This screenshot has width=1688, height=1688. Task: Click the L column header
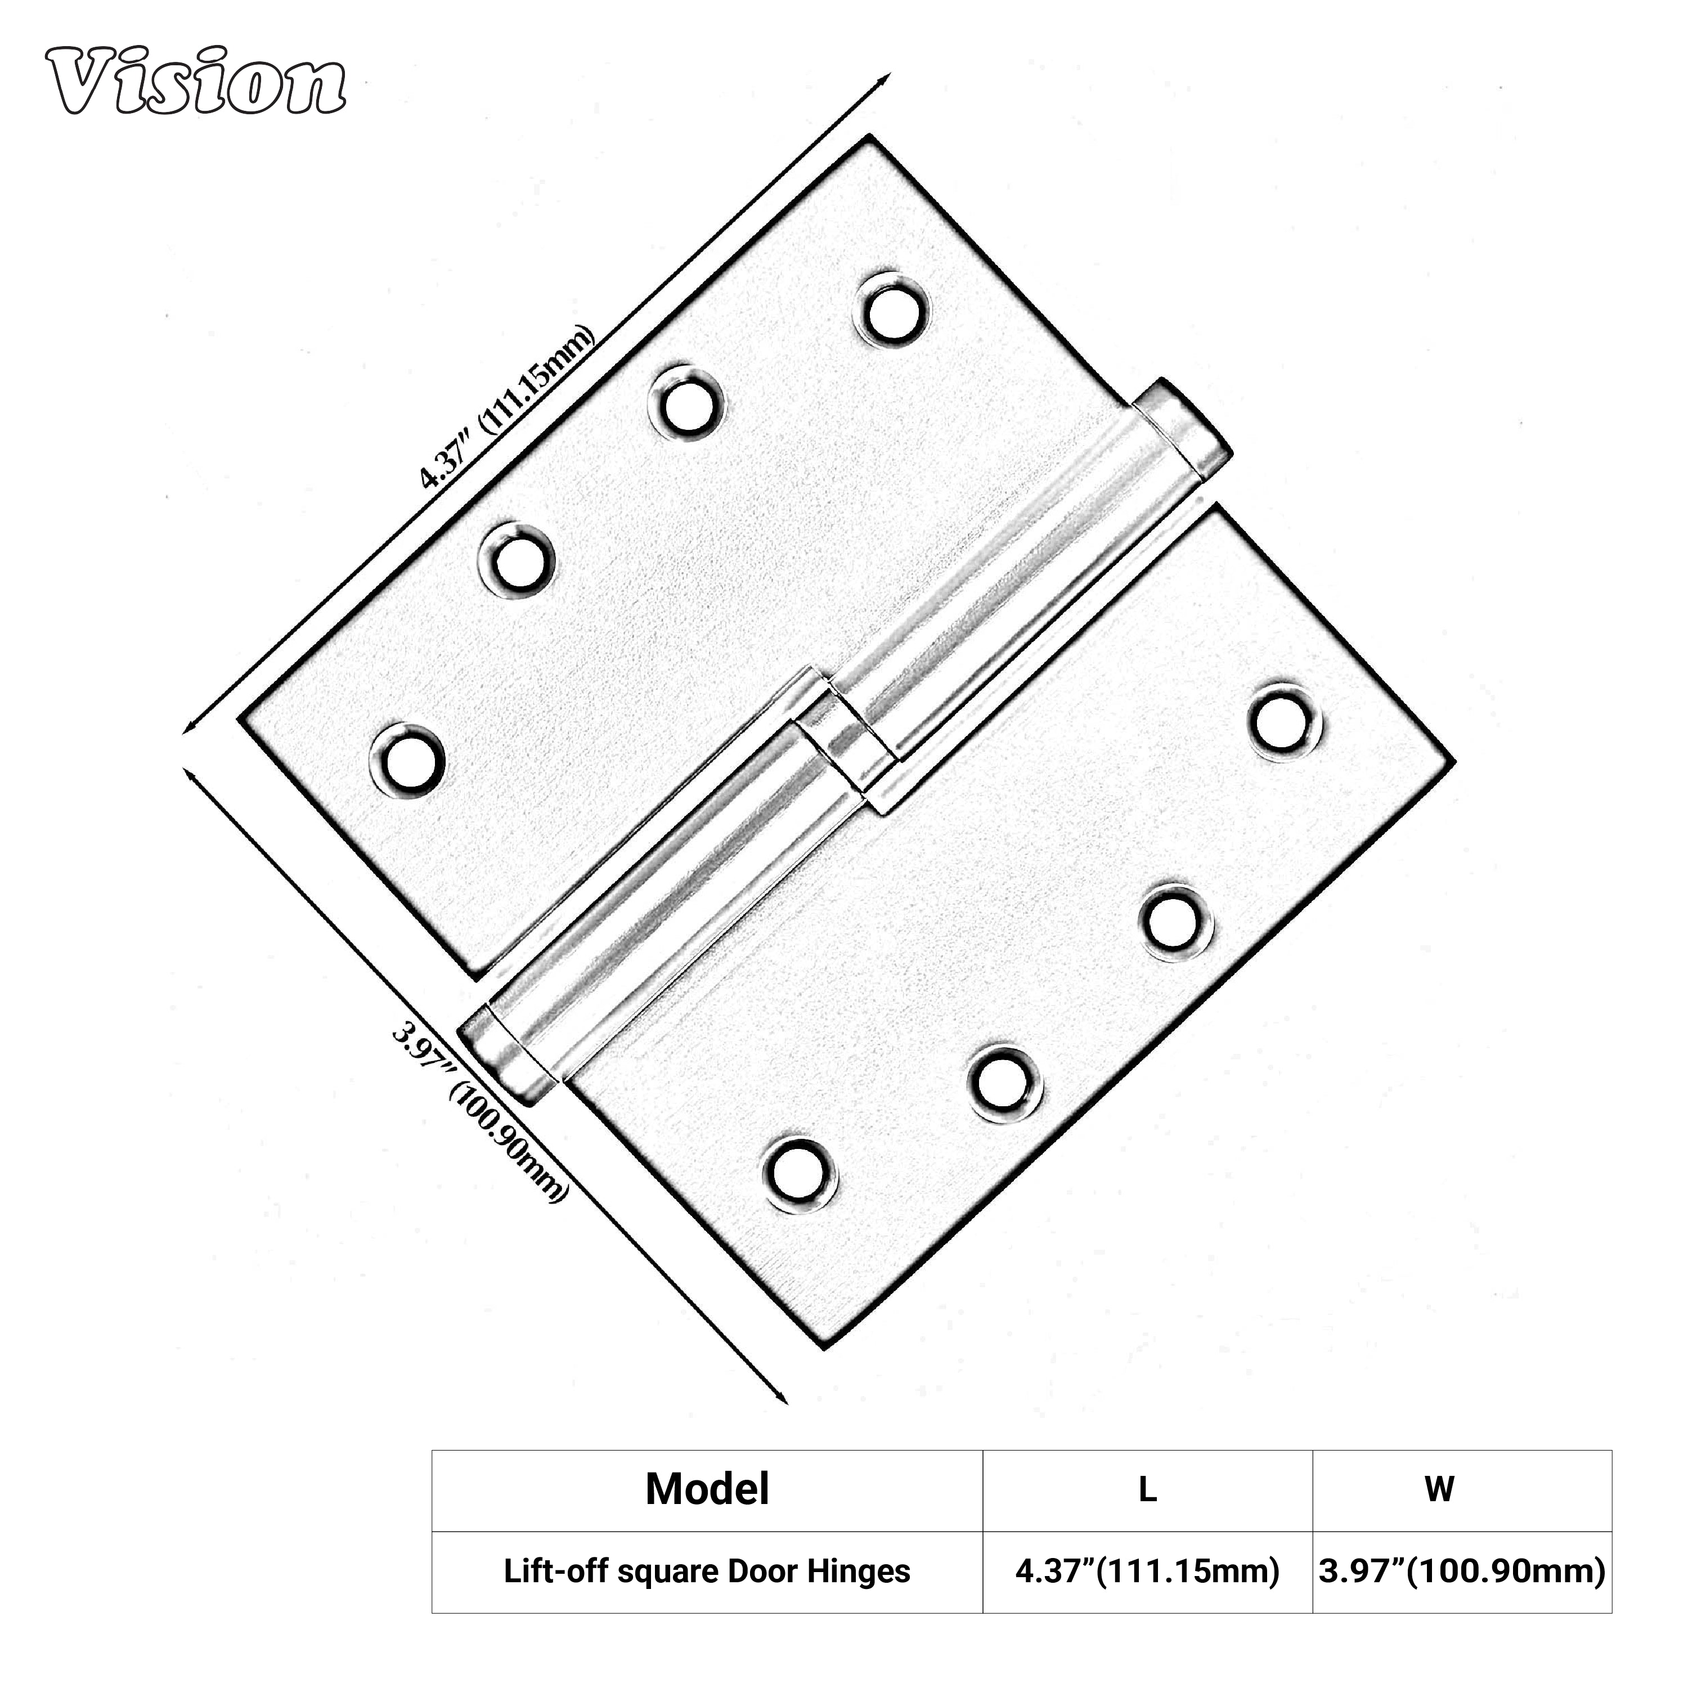coord(1147,1489)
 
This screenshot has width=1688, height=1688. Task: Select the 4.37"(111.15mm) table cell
coord(1147,1572)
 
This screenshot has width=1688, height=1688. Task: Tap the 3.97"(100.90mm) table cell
coord(1462,1572)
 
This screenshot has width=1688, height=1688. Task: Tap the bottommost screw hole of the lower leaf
coord(800,1173)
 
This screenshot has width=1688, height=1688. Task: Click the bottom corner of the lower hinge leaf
coord(823,1346)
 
